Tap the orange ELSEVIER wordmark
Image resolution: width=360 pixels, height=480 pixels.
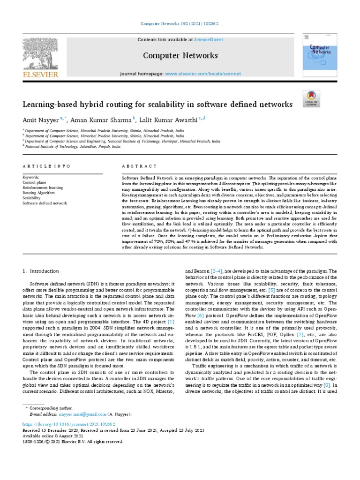tap(39, 74)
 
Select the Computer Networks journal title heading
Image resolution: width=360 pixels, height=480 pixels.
tap(180, 55)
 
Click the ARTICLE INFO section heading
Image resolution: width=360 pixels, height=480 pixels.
tap(47, 166)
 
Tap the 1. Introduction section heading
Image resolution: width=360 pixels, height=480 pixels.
tap(41, 271)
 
